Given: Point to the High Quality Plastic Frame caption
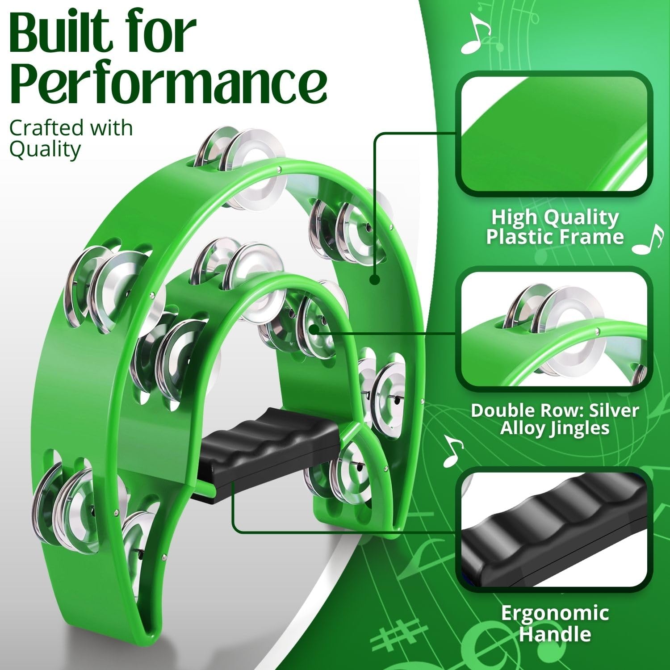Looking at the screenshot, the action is tap(555, 227).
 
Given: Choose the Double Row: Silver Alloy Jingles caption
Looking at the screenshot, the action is tap(555, 419).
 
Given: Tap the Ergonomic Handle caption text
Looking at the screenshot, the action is tap(555, 623).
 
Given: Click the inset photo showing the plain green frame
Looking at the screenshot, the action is tap(554, 134).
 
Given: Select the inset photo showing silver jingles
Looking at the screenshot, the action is tap(554, 329).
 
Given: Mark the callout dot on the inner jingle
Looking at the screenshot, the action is tap(314, 330).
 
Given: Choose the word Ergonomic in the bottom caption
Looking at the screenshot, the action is tap(555, 614).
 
